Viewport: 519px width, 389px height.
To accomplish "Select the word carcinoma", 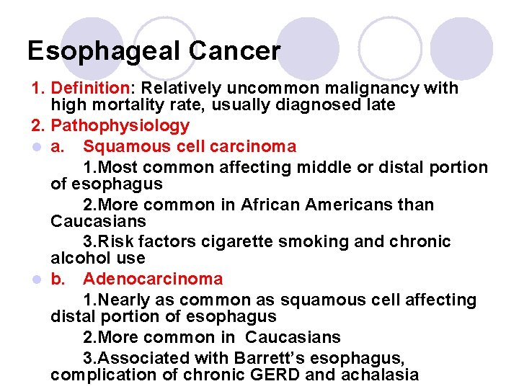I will coord(248,147).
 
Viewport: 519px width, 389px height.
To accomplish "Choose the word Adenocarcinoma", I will coord(153,280).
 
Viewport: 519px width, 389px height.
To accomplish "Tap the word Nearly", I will coord(123,300).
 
